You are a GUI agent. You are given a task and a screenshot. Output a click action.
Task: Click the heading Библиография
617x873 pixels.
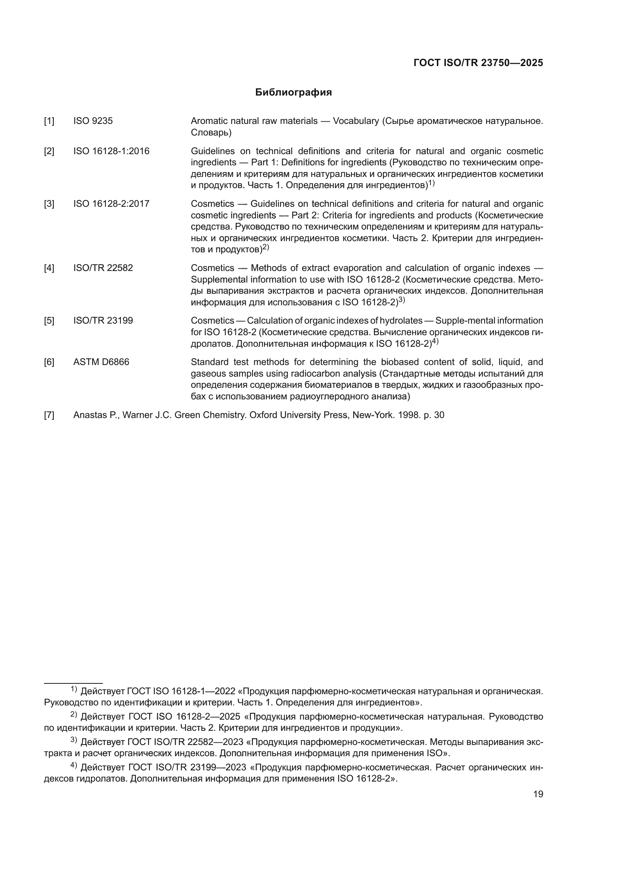tap(293, 93)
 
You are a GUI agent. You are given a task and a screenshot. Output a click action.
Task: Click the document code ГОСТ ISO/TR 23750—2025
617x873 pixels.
tap(478, 63)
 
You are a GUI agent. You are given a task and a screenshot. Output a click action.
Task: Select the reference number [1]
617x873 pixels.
tap(49, 121)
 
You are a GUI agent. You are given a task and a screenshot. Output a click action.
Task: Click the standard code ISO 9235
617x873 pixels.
tap(93, 121)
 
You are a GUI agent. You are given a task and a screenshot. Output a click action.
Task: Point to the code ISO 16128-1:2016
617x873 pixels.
tap(111, 151)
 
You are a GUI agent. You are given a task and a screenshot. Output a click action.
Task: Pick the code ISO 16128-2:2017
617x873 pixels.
tap(111, 204)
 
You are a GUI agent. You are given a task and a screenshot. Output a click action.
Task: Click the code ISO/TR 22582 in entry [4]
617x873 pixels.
tap(103, 268)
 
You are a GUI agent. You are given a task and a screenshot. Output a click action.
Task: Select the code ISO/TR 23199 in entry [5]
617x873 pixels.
tap(103, 321)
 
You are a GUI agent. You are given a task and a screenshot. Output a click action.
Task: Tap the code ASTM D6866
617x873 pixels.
tap(101, 362)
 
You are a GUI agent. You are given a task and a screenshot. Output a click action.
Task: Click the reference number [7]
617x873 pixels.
tap(49, 415)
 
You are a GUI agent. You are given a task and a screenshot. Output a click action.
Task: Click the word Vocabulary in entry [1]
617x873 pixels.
tap(356, 121)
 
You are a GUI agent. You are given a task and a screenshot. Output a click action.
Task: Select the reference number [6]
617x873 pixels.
tap(49, 362)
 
